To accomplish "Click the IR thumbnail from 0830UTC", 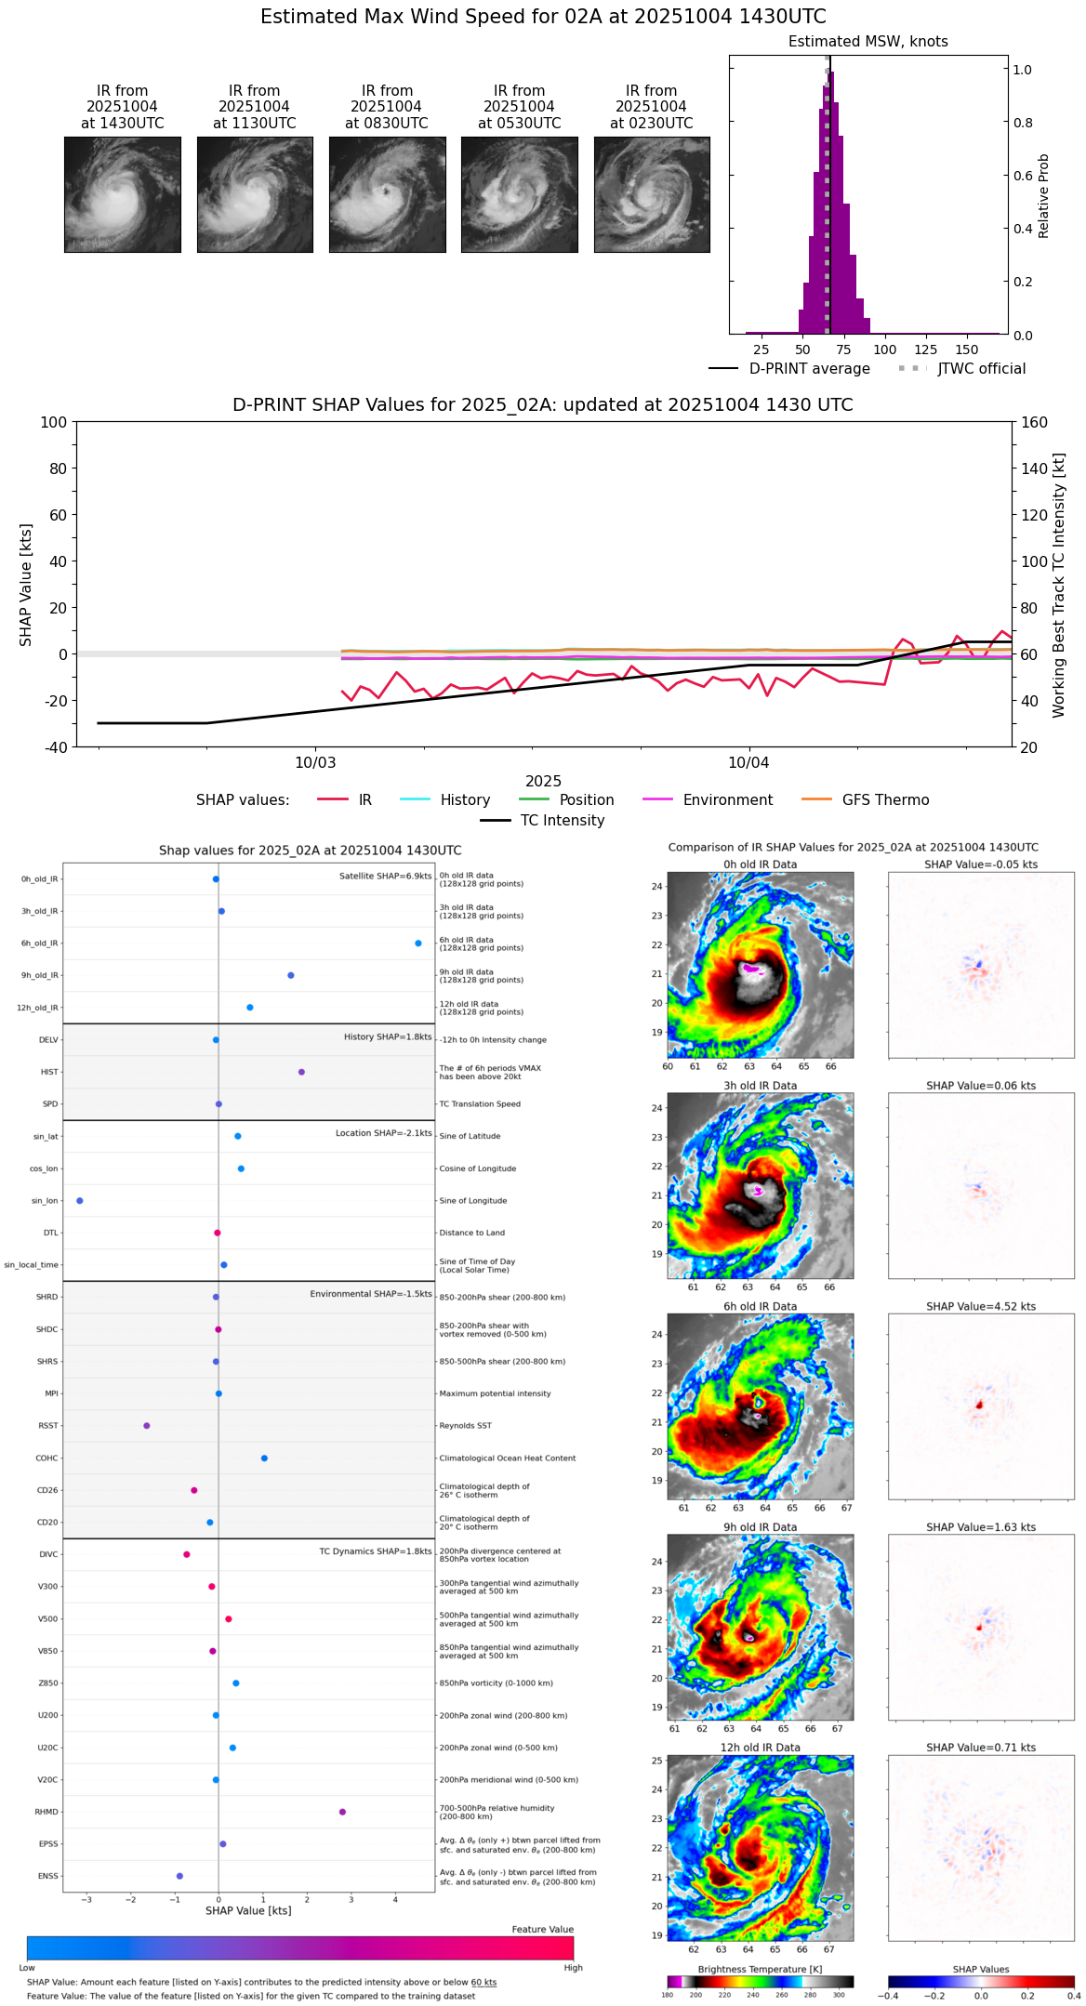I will [x=387, y=194].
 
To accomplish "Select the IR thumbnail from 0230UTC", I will [x=652, y=194].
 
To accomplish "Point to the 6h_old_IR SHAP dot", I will [x=418, y=944].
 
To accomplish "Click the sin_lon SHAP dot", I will [x=80, y=1201].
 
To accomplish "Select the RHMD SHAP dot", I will [x=342, y=1812].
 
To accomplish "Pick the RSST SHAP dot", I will [x=147, y=1426].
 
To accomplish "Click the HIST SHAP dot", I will [x=301, y=1072].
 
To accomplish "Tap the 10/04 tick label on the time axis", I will [x=748, y=763].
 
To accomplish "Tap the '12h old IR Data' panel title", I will [x=760, y=1748].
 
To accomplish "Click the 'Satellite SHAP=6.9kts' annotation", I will [x=385, y=876].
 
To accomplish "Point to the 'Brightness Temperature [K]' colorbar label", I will [x=760, y=1969].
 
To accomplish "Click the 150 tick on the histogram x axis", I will [x=967, y=350].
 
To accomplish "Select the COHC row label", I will [x=46, y=1458].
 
